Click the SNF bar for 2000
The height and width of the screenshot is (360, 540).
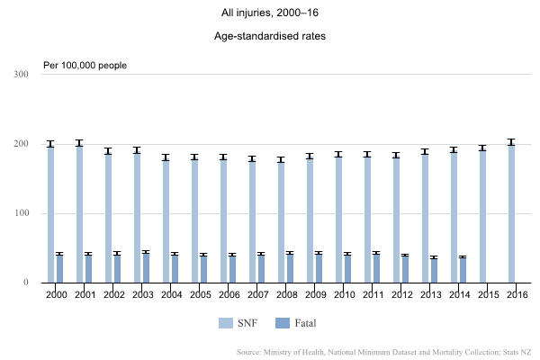[x=50, y=213]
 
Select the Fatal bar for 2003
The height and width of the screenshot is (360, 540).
[x=146, y=267]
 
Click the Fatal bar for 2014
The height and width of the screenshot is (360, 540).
[x=463, y=270]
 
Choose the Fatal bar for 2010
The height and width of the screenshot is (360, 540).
[x=347, y=268]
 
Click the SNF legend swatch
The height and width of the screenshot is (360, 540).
[x=226, y=322]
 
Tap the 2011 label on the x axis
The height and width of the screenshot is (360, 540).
[x=372, y=294]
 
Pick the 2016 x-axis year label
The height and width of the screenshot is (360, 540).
[x=516, y=294]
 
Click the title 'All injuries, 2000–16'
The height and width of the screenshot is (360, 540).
[x=270, y=13]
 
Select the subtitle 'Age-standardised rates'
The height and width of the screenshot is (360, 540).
[x=270, y=37]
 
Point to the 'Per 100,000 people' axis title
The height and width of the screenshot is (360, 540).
[x=85, y=65]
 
